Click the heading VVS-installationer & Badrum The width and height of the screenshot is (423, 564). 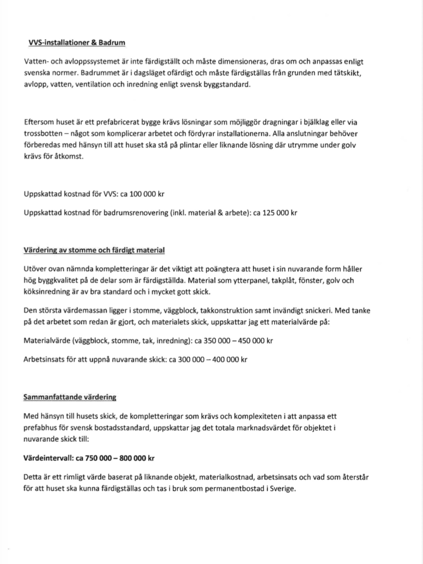pyautogui.click(x=77, y=43)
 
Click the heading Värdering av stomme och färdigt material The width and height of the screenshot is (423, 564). pyautogui.click(x=94, y=250)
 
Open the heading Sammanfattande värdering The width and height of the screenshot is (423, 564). pyautogui.click(x=70, y=398)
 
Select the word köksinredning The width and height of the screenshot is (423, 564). pyautogui.click(x=44, y=291)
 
